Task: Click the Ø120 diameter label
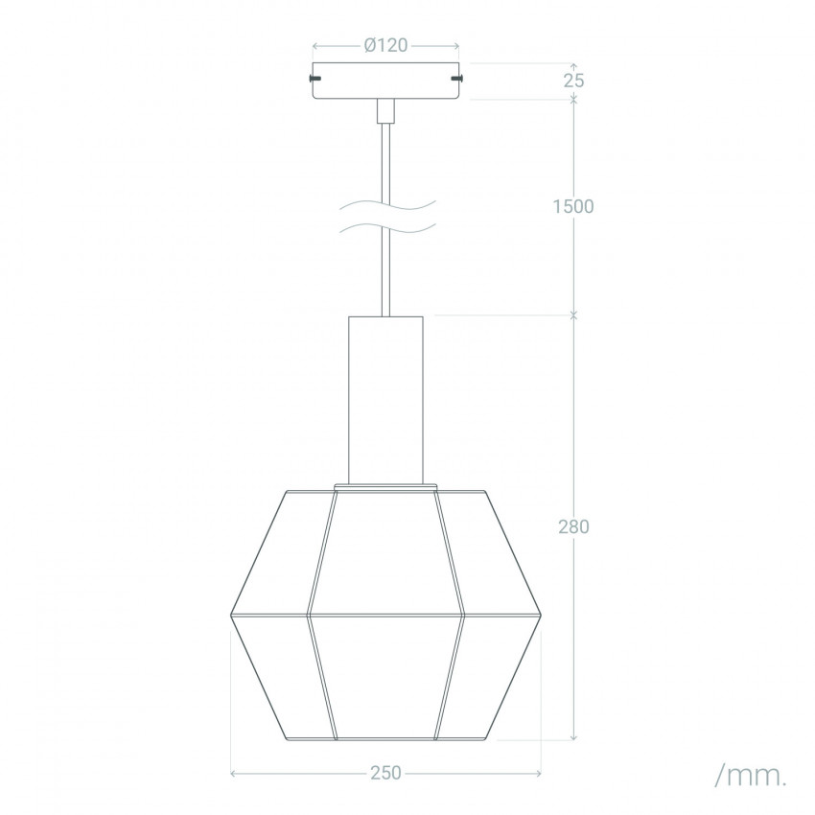[x=385, y=45]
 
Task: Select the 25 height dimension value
[x=573, y=81]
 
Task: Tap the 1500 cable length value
[x=574, y=206]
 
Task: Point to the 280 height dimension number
[x=573, y=526]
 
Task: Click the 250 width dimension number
[x=386, y=773]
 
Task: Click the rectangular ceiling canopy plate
[x=385, y=81]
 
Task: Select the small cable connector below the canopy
[x=385, y=110]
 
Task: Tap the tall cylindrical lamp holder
[x=385, y=398]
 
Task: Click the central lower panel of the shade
[x=385, y=676]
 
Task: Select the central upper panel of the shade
[x=385, y=551]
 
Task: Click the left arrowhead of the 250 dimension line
[x=234, y=773]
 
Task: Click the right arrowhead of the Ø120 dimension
[x=455, y=45]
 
